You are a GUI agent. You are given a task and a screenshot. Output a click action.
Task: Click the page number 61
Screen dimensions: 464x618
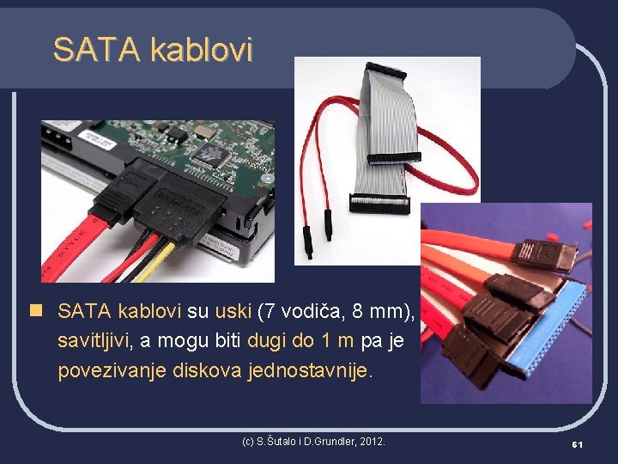click(578, 443)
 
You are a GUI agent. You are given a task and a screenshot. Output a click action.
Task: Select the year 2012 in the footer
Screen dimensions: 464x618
click(371, 441)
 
